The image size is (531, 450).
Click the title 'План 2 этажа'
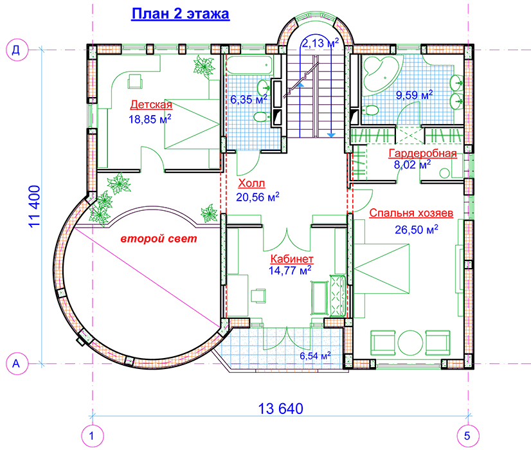180,14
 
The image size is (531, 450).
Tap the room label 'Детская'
151,104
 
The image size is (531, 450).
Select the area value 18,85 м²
150,119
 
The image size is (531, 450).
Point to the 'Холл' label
251,183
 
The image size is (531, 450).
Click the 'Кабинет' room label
292,259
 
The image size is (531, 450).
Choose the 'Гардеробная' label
422,154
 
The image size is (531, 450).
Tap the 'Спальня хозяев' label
411,213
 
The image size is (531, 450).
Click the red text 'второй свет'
159,239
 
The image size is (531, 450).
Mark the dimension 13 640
280,409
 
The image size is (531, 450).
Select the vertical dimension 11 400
35,206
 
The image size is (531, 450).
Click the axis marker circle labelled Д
16,50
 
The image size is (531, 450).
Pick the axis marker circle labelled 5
467,436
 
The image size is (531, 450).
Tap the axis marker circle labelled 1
92,436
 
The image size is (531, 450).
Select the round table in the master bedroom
410,343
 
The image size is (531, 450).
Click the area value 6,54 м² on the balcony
315,356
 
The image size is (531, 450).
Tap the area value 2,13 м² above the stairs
320,43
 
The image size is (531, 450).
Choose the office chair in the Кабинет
258,295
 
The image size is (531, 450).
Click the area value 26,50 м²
416,230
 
